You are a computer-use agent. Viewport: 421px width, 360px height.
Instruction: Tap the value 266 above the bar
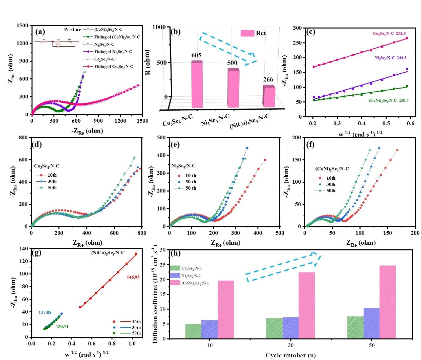coord(268,80)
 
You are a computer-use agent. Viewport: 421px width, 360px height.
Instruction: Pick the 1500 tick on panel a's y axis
coord(22,26)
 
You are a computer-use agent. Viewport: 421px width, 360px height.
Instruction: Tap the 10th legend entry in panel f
coord(326,178)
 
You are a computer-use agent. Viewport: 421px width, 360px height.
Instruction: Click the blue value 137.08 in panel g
coord(45,313)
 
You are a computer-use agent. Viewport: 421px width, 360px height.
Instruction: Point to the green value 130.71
coord(62,327)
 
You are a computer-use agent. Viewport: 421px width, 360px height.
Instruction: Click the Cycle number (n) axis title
coord(291,355)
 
